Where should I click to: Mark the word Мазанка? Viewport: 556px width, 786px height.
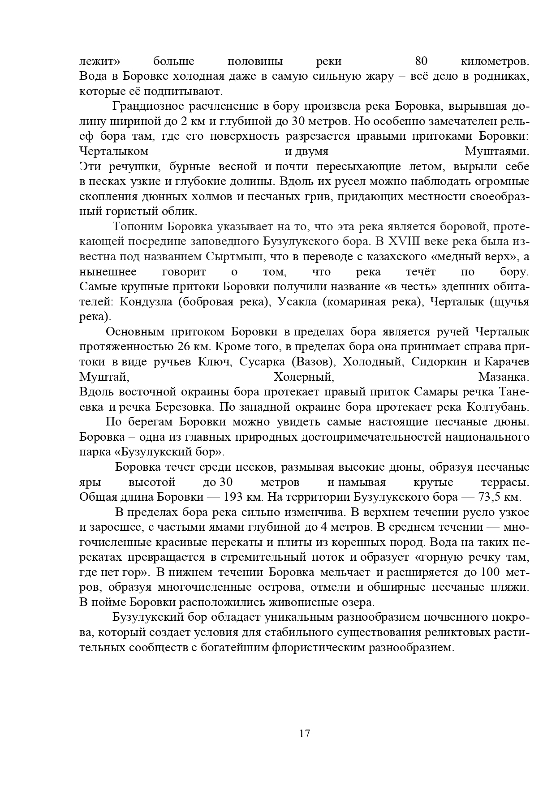point(504,377)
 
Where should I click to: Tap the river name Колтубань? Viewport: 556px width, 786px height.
point(498,407)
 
